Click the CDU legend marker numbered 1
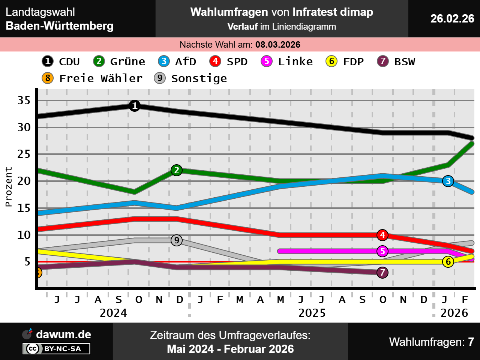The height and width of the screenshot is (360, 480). coord(48,61)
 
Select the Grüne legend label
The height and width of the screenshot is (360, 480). coord(127,61)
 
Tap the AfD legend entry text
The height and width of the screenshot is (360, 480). coord(186,61)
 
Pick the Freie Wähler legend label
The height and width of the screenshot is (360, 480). coord(101,78)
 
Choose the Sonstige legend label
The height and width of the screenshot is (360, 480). coord(199,78)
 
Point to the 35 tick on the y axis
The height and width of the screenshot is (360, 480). coord(24,100)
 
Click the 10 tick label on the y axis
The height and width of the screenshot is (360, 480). coord(24,235)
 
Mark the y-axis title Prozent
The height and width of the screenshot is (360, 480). coord(9,187)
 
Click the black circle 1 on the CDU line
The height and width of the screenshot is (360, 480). coord(135,106)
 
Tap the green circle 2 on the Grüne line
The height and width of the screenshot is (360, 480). coord(177,170)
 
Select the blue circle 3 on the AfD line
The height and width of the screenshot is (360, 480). coord(448,181)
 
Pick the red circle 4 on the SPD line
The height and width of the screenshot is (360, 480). coord(382,235)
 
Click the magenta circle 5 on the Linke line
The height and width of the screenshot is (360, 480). coord(382,251)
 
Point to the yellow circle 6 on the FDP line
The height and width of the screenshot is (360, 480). coord(448,261)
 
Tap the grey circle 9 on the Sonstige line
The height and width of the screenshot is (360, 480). coord(177,240)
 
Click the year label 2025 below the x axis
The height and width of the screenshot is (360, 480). coord(312,313)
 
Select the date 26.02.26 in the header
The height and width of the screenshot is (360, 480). coord(452,18)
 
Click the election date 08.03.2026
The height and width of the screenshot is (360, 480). coord(278,45)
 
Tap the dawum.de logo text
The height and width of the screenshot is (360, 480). coord(63,334)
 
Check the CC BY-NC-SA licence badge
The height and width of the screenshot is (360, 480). coord(57,349)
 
